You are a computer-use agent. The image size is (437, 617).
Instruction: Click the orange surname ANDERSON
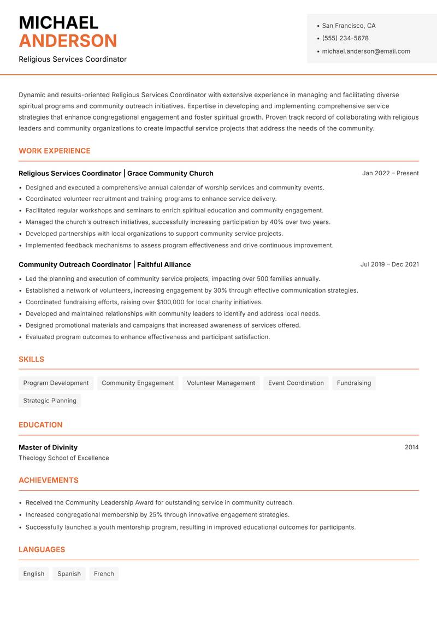68,41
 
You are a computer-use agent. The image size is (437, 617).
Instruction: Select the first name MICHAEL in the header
58,23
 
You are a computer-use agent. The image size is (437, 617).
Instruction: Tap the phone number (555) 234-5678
345,38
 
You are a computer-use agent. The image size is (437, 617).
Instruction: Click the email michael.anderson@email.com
366,51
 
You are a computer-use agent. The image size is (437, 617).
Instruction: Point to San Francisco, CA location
349,26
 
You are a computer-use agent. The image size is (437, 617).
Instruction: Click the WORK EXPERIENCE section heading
55,151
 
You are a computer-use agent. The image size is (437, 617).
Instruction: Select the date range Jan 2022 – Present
390,173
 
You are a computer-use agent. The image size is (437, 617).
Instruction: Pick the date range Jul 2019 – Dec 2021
389,264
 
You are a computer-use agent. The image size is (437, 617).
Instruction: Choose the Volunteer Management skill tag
221,383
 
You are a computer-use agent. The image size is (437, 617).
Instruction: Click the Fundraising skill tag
353,383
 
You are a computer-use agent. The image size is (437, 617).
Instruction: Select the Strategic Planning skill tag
50,401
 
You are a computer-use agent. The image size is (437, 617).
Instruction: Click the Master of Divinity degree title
48,447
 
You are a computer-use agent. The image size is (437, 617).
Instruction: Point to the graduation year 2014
411,447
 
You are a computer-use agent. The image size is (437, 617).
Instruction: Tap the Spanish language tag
69,574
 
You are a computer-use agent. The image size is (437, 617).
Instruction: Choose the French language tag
104,574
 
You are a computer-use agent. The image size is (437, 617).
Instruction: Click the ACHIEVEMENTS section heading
49,480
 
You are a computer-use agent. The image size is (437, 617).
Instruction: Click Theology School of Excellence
64,458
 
